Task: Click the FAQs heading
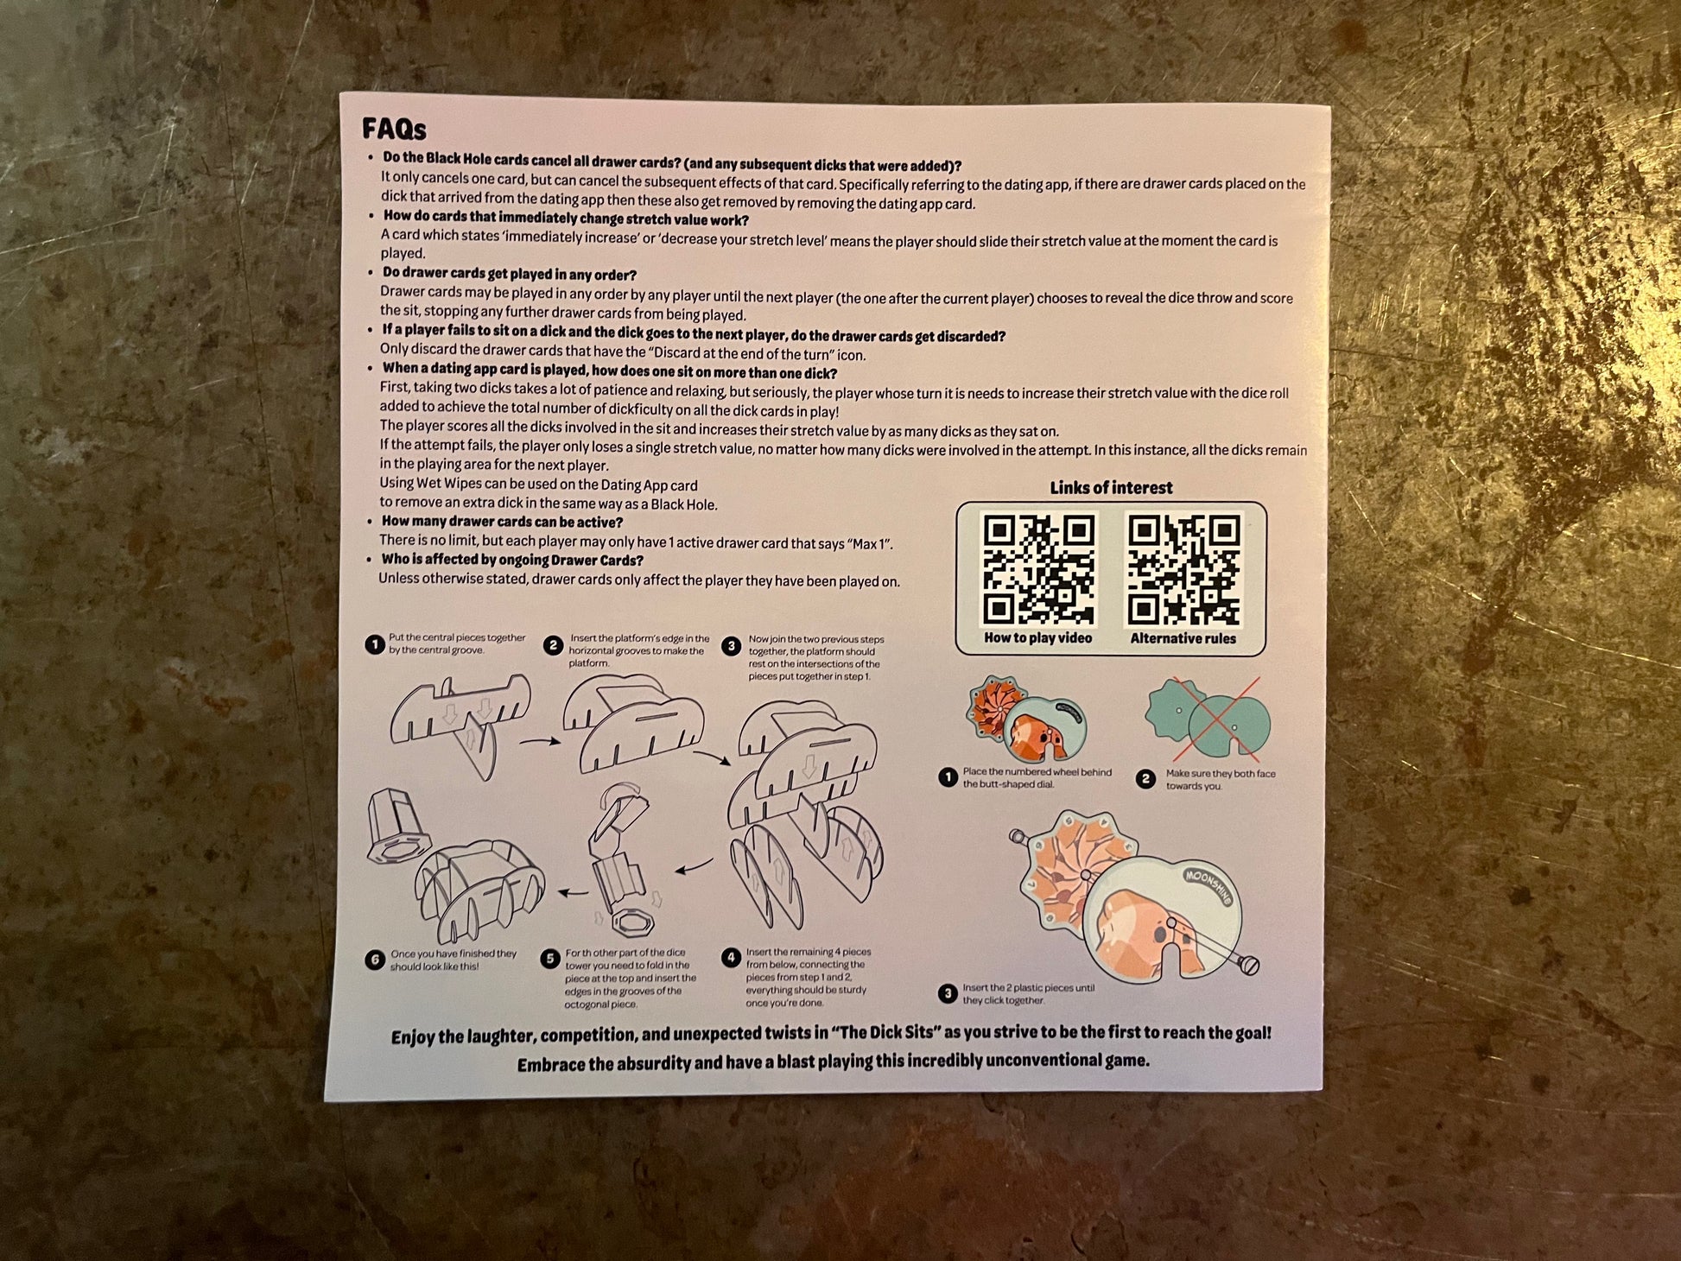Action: click(x=394, y=129)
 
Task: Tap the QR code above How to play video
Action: click(x=1039, y=569)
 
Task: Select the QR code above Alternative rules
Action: click(x=1184, y=570)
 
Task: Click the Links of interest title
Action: click(x=1111, y=488)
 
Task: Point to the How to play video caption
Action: click(x=1037, y=638)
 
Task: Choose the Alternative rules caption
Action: click(x=1183, y=639)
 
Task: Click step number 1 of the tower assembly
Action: click(x=374, y=644)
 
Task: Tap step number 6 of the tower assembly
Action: click(x=374, y=960)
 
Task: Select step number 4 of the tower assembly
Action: click(x=731, y=957)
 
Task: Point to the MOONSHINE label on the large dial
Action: click(x=1208, y=886)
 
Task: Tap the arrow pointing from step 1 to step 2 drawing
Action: click(x=540, y=741)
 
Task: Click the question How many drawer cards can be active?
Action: click(x=502, y=522)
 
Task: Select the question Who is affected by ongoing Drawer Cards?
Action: click(x=512, y=560)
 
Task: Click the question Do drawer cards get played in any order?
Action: click(x=510, y=274)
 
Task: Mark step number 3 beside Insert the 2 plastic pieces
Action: click(x=948, y=993)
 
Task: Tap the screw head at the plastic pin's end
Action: click(x=1249, y=965)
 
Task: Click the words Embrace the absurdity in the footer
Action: click(x=602, y=1064)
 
